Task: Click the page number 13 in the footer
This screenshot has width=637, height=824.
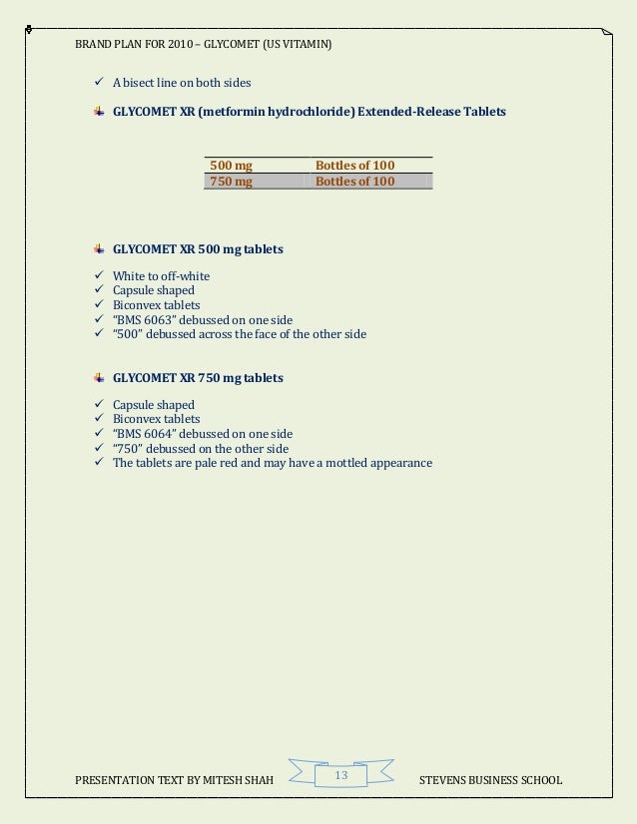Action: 340,776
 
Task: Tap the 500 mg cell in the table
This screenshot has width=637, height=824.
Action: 231,165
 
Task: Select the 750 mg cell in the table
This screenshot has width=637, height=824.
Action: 231,182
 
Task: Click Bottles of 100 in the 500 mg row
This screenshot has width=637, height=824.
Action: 354,165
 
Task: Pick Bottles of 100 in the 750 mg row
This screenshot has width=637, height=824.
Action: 354,182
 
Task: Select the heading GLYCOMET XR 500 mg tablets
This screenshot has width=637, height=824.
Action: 198,249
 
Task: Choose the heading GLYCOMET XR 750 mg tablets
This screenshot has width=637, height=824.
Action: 198,378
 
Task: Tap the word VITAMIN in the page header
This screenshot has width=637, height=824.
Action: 308,46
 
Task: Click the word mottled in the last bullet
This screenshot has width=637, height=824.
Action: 343,463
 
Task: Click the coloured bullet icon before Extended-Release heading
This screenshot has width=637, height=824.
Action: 99,112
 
